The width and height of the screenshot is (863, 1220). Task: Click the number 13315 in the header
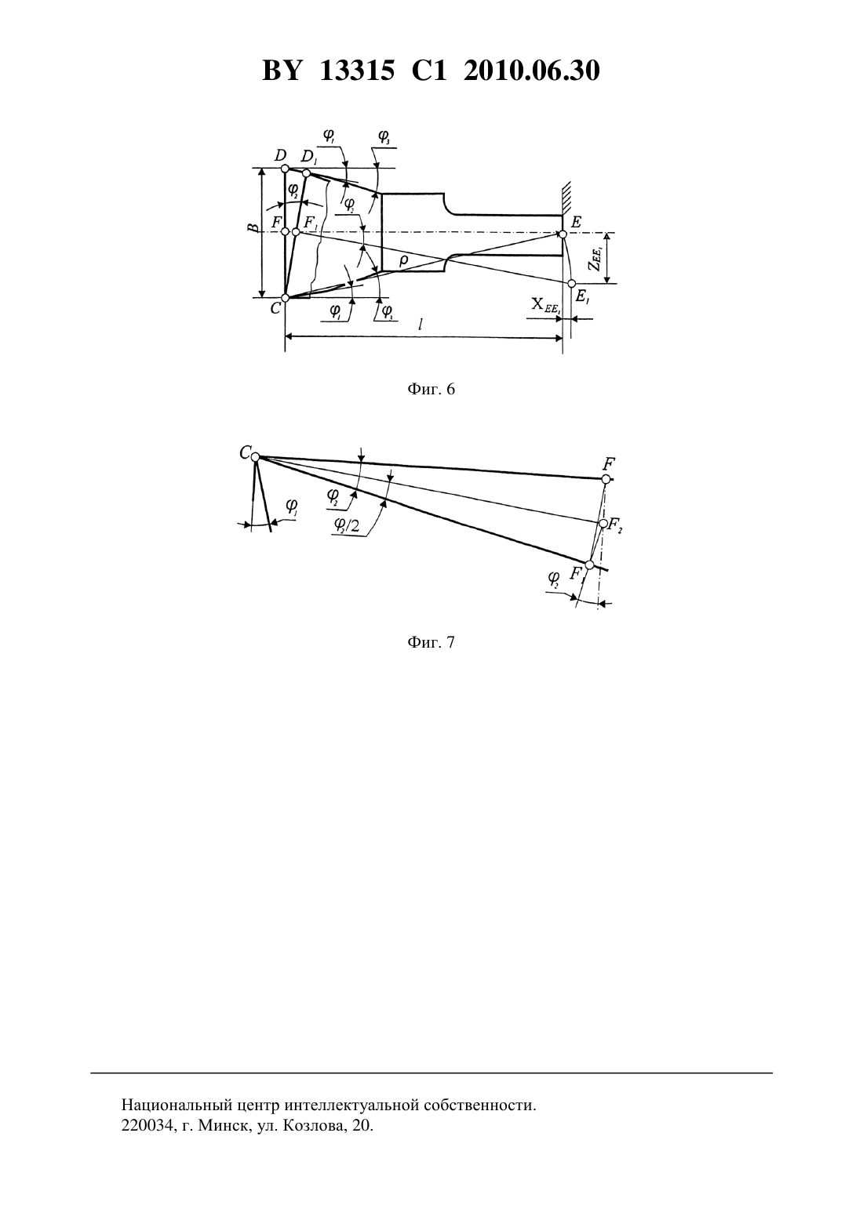(356, 71)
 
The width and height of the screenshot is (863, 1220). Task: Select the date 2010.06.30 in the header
(532, 71)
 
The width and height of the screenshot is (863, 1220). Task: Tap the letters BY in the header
(281, 71)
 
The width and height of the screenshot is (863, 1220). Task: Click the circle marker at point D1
(306, 173)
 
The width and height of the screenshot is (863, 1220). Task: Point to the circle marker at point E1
(571, 283)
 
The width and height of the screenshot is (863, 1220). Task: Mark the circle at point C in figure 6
(285, 297)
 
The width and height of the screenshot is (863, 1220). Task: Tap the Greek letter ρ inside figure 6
(403, 261)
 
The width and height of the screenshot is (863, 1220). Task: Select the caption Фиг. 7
(431, 642)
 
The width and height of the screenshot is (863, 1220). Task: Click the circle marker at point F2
(603, 524)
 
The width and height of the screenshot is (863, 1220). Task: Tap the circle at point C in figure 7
(255, 457)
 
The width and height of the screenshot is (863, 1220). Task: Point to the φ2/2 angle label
(347, 525)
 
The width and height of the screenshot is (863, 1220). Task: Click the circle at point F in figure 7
(606, 479)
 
